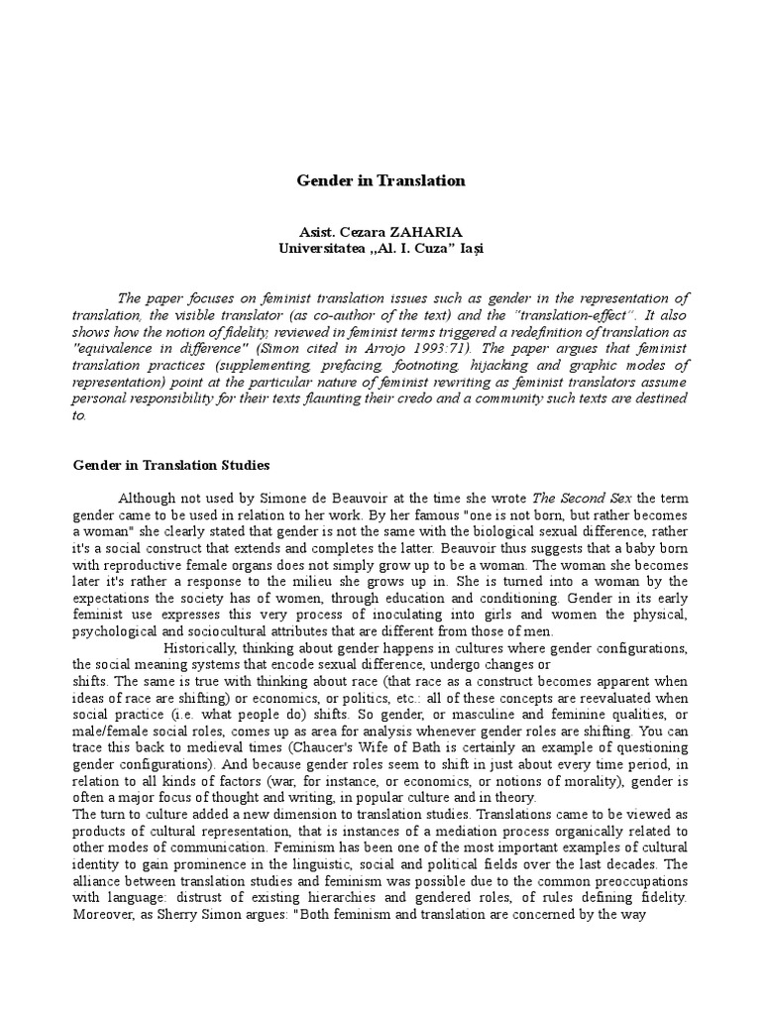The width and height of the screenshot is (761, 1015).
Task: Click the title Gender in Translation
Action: (x=381, y=180)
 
